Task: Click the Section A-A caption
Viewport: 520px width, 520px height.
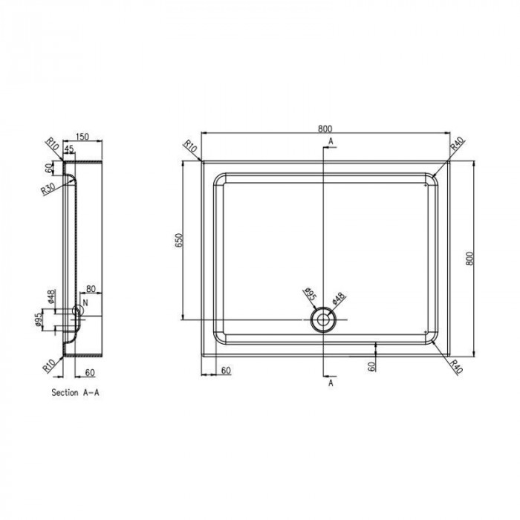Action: pos(75,393)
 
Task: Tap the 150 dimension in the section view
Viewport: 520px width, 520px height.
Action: pos(82,137)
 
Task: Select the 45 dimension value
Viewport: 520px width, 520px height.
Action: pos(69,149)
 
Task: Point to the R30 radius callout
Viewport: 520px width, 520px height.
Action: pos(48,189)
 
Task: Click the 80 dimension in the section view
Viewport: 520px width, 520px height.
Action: pos(91,289)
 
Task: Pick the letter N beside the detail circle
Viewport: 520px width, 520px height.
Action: pos(85,302)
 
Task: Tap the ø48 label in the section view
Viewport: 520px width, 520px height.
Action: pos(51,297)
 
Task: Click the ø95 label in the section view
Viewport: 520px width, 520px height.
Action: pos(39,319)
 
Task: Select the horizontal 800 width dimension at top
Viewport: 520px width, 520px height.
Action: pos(325,129)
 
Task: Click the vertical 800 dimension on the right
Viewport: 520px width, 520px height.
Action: pos(469,258)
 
